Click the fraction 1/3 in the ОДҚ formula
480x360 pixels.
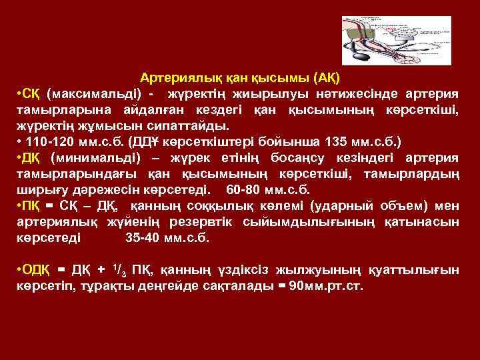coord(121,269)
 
